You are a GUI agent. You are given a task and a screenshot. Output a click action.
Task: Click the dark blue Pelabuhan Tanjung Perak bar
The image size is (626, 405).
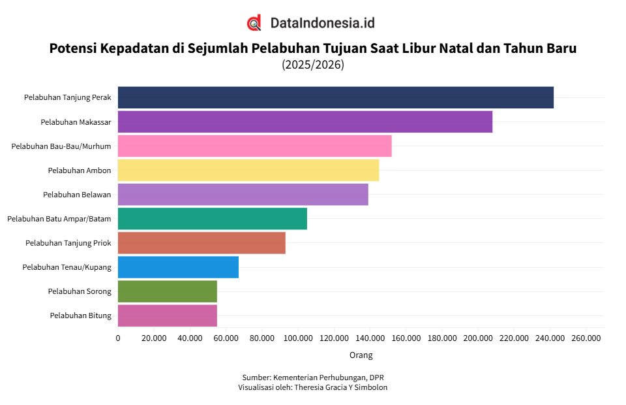335,97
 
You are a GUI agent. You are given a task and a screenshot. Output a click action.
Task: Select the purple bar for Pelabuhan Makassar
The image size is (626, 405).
305,121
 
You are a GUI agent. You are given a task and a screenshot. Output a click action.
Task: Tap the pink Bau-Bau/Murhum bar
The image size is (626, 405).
254,146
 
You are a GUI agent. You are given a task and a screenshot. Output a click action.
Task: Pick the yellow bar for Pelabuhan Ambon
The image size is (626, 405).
248,170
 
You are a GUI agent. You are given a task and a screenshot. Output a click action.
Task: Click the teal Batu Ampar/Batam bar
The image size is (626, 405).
212,218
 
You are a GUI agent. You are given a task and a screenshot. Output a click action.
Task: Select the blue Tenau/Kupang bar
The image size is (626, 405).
178,267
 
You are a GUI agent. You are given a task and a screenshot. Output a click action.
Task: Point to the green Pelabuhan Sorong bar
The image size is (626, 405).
167,291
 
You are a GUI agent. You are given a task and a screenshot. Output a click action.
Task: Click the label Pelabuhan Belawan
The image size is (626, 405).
77,194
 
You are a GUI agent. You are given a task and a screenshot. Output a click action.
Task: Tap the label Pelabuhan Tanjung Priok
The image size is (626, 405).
68,242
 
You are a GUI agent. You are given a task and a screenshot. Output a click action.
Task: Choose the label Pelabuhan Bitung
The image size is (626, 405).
80,315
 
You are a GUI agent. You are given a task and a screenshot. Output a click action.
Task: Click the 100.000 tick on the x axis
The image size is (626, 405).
298,338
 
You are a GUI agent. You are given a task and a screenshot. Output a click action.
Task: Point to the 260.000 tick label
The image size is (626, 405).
586,338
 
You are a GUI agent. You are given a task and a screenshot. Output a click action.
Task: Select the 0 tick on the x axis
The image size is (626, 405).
118,338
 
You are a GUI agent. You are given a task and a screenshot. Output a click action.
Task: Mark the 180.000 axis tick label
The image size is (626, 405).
442,338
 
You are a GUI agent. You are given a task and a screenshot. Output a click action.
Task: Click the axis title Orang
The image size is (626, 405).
361,355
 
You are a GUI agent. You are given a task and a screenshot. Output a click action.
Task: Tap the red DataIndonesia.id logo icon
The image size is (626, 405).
254,23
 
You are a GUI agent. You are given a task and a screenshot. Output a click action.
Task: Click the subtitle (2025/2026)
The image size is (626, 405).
313,65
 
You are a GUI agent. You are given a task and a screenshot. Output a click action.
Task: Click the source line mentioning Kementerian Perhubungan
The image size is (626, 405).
313,378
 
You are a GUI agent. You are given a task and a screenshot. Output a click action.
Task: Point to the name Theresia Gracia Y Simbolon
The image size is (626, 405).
341,387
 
